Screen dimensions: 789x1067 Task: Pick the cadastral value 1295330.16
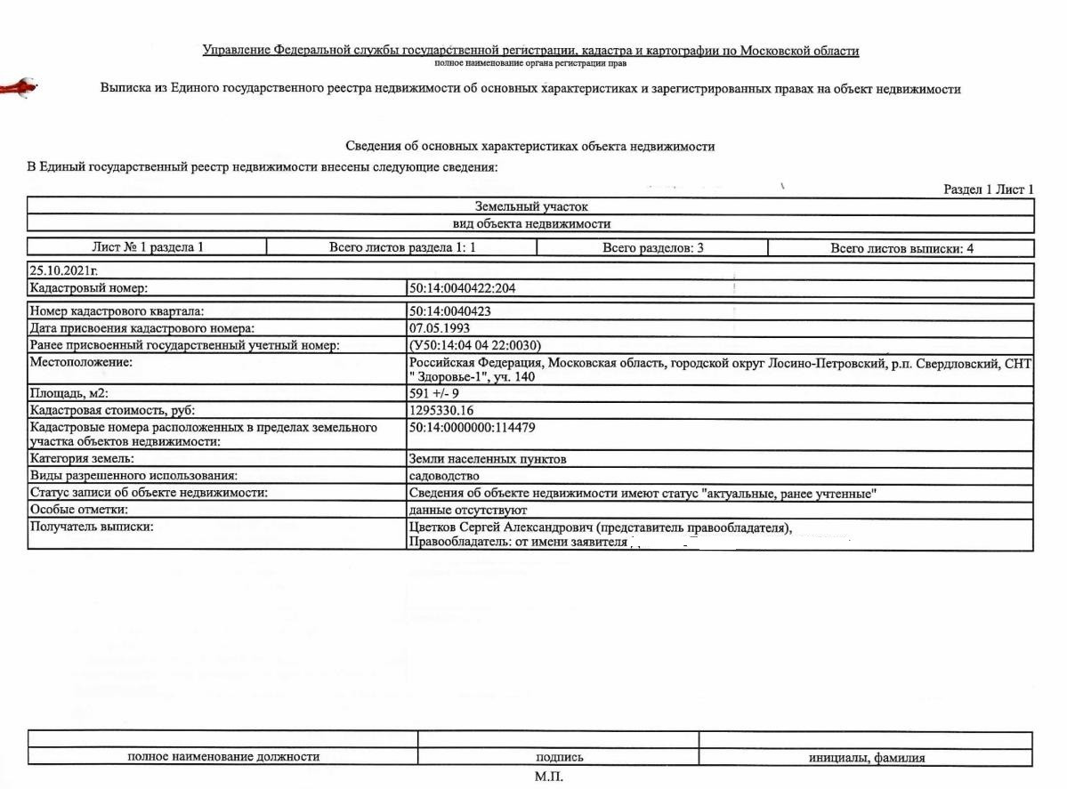[441, 410]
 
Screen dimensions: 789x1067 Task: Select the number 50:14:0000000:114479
[472, 428]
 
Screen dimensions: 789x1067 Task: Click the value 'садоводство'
[441, 476]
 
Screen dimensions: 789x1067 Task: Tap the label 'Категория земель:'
[82, 459]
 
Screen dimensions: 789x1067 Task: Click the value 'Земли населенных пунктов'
[487, 459]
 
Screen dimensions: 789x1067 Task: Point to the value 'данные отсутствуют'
[468, 510]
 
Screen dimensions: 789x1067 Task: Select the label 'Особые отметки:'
[77, 510]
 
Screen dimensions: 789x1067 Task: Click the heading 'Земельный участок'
[531, 206]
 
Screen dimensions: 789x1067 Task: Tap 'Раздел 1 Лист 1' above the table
[988, 189]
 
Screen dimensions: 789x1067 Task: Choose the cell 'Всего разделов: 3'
[652, 248]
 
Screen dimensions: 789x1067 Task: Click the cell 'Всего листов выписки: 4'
[901, 248]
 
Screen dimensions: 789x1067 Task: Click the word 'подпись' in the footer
[559, 758]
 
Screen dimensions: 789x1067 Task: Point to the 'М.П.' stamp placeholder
[549, 777]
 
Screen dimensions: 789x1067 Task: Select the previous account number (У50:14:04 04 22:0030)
[475, 345]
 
